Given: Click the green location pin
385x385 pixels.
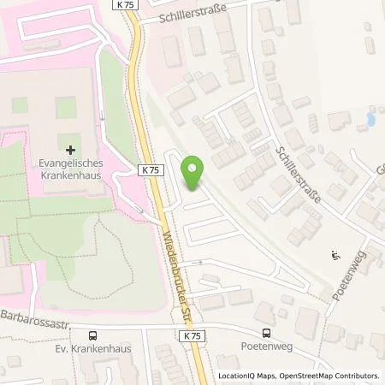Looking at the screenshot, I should [194, 174].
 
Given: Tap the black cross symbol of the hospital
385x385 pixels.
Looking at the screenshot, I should [70, 150].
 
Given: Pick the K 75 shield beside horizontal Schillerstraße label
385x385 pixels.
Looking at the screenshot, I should [123, 6].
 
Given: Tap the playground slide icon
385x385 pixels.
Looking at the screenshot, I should [335, 254].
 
